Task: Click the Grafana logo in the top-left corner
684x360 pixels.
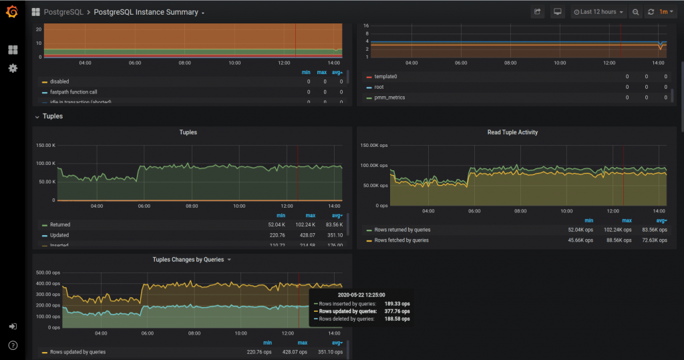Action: (12, 12)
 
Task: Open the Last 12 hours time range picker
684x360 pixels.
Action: (599, 12)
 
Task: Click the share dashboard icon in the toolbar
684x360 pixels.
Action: (538, 12)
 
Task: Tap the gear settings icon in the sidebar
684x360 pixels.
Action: (13, 68)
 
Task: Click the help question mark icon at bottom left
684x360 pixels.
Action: (13, 345)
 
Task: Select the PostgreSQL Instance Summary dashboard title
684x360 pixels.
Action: (146, 12)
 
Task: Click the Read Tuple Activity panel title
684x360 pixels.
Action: (512, 132)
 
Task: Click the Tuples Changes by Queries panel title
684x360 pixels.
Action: (188, 259)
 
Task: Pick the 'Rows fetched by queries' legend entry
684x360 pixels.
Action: (401, 240)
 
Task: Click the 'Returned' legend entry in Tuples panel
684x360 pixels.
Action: (59, 224)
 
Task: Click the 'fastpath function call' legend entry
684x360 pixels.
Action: (73, 92)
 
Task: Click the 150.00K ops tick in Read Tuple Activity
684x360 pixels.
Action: (374, 145)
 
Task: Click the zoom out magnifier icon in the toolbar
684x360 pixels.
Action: (635, 12)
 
